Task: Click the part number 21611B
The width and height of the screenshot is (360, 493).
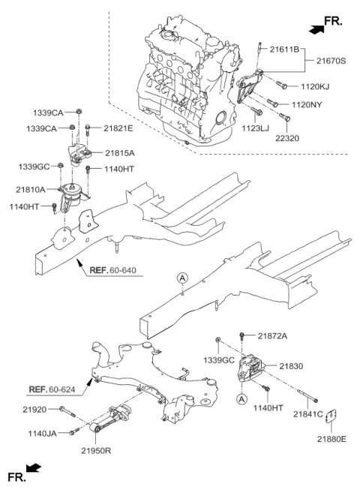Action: [x=284, y=50]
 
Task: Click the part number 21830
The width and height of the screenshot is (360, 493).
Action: [x=291, y=366]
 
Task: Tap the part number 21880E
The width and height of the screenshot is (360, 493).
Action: [x=331, y=439]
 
